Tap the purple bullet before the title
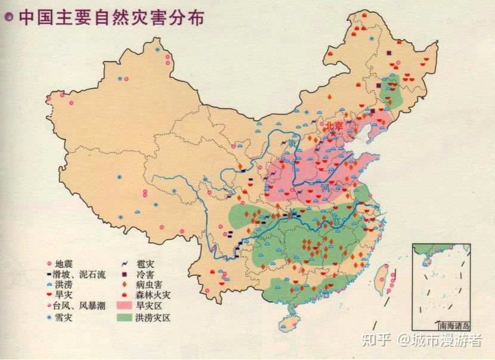pyautogui.click(x=9, y=17)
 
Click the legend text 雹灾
pyautogui.click(x=145, y=263)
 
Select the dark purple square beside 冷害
pyautogui.click(x=126, y=274)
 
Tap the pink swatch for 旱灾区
pyautogui.click(x=125, y=306)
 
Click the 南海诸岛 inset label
pyautogui.click(x=454, y=326)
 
